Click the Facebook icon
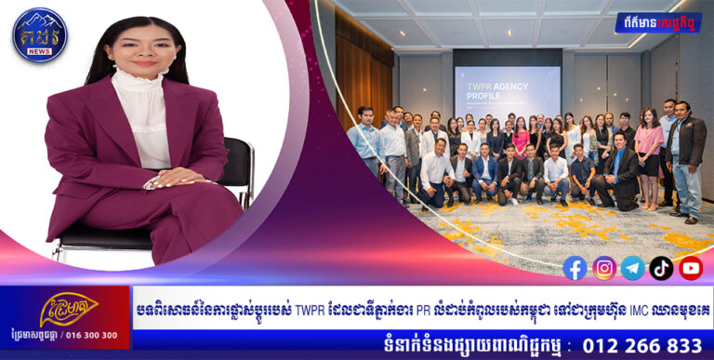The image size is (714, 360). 575,268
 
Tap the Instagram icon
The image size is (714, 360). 604,268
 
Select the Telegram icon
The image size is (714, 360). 633,268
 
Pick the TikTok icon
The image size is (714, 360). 661,268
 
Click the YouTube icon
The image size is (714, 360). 690,268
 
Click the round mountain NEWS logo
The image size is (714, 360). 39,34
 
